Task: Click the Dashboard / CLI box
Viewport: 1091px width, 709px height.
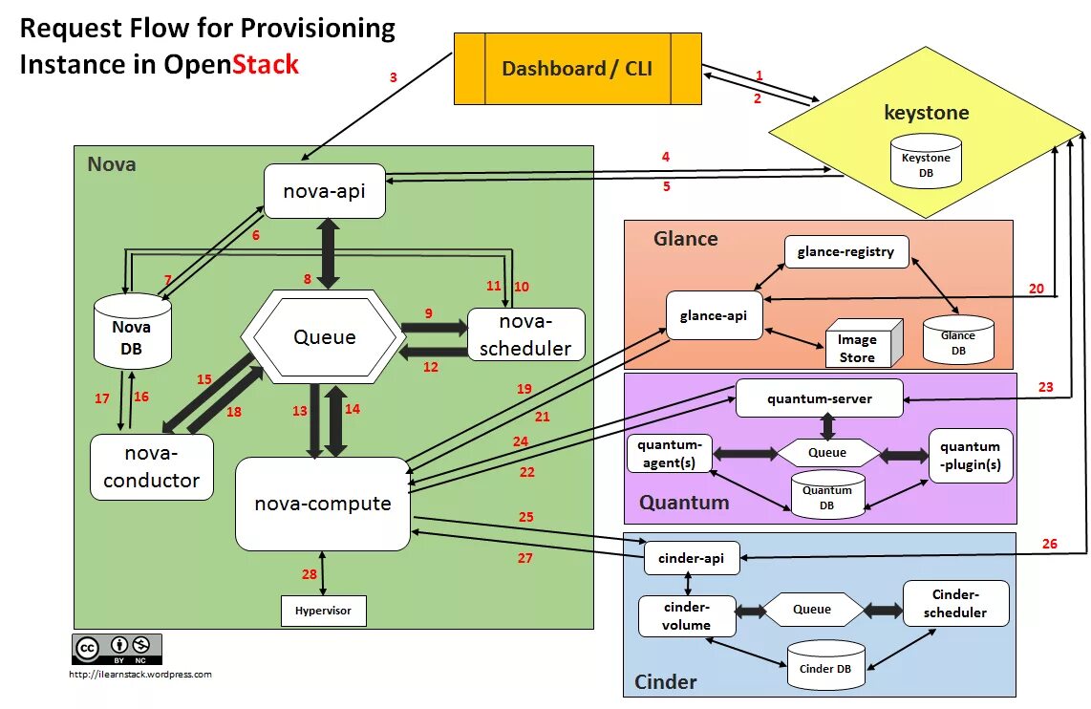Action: tap(578, 68)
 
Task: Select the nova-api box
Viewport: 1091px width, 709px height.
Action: tap(324, 191)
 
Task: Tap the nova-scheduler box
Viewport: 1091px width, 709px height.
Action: tap(526, 334)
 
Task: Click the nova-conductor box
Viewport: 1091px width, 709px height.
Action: tap(152, 467)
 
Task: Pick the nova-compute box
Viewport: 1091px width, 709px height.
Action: tap(323, 504)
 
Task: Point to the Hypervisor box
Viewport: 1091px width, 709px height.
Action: tap(324, 611)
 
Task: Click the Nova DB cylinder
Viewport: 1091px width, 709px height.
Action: tap(132, 332)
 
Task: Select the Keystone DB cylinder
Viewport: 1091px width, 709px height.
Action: tap(926, 161)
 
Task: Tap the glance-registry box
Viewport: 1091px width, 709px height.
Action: tap(846, 252)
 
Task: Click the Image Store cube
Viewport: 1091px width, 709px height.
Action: tap(863, 344)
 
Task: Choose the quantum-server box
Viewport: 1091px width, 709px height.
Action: tap(820, 398)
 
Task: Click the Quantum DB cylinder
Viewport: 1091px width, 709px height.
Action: tap(827, 495)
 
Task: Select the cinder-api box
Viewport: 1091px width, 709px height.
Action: tap(692, 558)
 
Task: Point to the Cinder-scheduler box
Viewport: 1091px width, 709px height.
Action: tap(955, 603)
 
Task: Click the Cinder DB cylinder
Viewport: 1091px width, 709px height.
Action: tap(826, 665)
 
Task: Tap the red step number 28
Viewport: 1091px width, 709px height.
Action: tap(309, 574)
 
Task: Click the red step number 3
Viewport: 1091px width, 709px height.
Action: tap(393, 77)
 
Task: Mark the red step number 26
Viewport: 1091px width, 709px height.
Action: tap(1049, 544)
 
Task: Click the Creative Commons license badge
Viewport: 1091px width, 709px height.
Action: tap(117, 649)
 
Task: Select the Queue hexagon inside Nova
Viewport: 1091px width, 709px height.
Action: tap(324, 336)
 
